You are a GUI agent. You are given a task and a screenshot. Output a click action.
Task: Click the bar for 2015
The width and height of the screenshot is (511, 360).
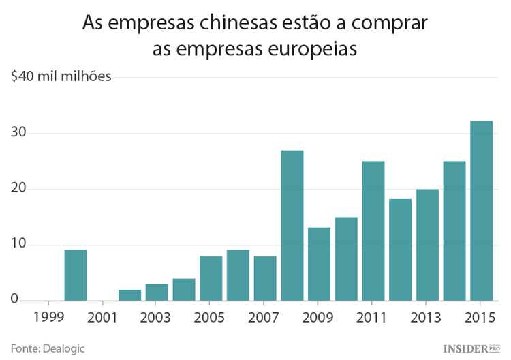coord(482,211)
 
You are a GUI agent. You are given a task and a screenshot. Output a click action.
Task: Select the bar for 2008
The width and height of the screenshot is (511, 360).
coord(292,226)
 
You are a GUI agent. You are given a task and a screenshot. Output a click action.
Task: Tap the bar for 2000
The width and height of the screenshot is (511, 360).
coord(76,275)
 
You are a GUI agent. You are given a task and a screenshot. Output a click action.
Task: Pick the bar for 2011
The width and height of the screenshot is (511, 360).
coord(373,231)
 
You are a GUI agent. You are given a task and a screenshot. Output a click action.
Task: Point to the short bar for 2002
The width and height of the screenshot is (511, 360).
coord(129,295)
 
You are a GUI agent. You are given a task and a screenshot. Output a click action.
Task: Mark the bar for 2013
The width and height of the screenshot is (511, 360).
coord(427,245)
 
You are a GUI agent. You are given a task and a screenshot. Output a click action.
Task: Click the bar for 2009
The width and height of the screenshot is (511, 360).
coord(319,265)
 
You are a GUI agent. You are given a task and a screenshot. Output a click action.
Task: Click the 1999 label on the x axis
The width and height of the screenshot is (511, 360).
coord(48,317)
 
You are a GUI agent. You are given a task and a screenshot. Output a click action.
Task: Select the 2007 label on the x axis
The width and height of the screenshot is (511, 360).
coord(265,317)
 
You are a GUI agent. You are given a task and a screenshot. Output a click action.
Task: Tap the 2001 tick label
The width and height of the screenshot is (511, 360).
coord(103,317)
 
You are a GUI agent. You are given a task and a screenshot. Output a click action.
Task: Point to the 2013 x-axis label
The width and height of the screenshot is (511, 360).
coord(427,317)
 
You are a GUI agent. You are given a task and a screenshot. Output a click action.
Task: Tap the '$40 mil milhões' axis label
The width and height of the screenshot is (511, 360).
coord(61,76)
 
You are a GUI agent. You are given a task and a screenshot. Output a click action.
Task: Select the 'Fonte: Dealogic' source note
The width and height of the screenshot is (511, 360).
coord(47,348)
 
